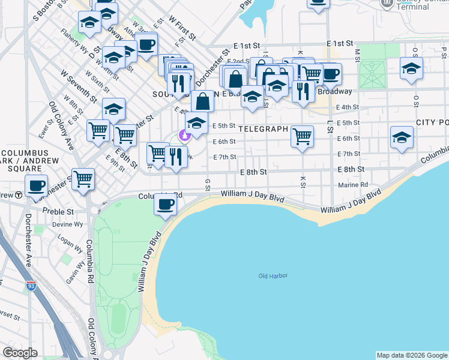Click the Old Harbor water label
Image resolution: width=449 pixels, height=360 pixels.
pyautogui.click(x=273, y=276)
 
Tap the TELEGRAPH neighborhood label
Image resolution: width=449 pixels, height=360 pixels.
pyautogui.click(x=262, y=129)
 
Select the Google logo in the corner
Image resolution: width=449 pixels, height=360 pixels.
pyautogui.click(x=20, y=353)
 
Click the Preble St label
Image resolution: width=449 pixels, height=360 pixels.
pyautogui.click(x=58, y=212)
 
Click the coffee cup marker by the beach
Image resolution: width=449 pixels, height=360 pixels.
pyautogui.click(x=166, y=203)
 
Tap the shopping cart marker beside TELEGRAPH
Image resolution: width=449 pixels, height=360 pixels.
pyautogui.click(x=303, y=136)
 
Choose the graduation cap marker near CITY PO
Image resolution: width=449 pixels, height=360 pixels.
pyautogui.click(x=402, y=137)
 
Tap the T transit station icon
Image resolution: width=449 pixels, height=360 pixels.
pyautogui.click(x=19, y=194)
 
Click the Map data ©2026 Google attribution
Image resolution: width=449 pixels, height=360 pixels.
pyautogui.click(x=412, y=355)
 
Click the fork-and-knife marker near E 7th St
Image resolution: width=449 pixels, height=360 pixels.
pyautogui.click(x=175, y=157)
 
